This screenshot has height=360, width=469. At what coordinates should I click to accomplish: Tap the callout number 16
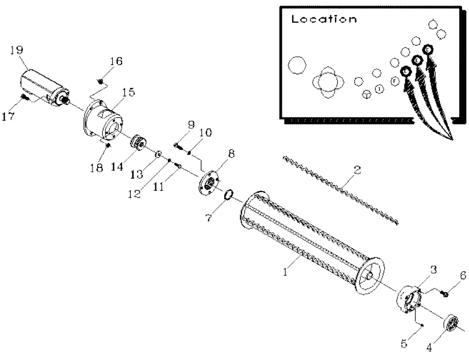[x=116, y=61]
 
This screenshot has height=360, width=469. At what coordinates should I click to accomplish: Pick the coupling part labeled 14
[x=138, y=143]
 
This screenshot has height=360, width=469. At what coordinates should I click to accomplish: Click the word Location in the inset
[x=324, y=20]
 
